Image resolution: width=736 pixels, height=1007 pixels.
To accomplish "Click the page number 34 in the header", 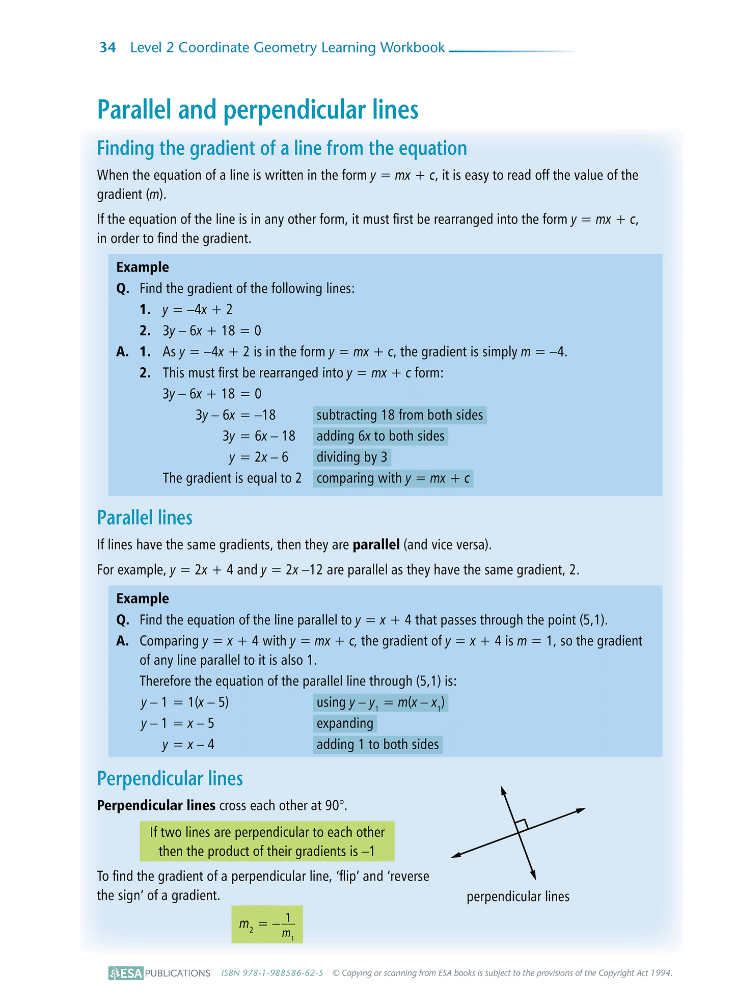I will coord(107,47).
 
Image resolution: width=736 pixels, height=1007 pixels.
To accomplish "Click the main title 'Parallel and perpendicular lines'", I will coord(258,110).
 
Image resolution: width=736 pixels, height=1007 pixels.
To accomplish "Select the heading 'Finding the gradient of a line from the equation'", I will coord(282,148).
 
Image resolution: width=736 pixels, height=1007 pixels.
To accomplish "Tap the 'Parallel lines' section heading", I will coord(145,518).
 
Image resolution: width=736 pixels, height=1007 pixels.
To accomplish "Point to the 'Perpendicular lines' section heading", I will coord(170,778).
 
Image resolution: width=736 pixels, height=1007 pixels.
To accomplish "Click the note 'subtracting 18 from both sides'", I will coord(399,415).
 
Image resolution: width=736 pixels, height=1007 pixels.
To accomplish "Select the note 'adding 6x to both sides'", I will coord(380,436).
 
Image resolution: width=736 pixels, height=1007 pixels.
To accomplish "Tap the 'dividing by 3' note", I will coord(351,457).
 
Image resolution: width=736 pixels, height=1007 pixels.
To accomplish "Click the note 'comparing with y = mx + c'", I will coord(393,478).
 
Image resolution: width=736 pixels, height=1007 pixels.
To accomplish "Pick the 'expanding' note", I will coord(345,723).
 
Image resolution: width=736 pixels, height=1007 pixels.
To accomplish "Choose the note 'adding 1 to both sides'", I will coord(377,745).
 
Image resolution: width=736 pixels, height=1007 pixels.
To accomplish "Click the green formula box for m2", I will coord(267,924).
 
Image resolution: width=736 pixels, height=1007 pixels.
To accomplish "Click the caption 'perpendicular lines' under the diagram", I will coord(517,896).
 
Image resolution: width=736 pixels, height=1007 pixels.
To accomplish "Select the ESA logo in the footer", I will coord(126,973).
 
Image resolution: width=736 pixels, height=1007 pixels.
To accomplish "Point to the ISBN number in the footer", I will coord(272,973).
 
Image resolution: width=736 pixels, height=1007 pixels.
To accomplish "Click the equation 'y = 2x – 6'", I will coord(258,457).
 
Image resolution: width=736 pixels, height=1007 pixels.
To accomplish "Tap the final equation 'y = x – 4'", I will coord(188,745).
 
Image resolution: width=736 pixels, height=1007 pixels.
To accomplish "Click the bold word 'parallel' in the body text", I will coord(376,545).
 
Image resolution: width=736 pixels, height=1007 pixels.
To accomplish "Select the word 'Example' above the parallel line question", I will coord(143,598).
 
